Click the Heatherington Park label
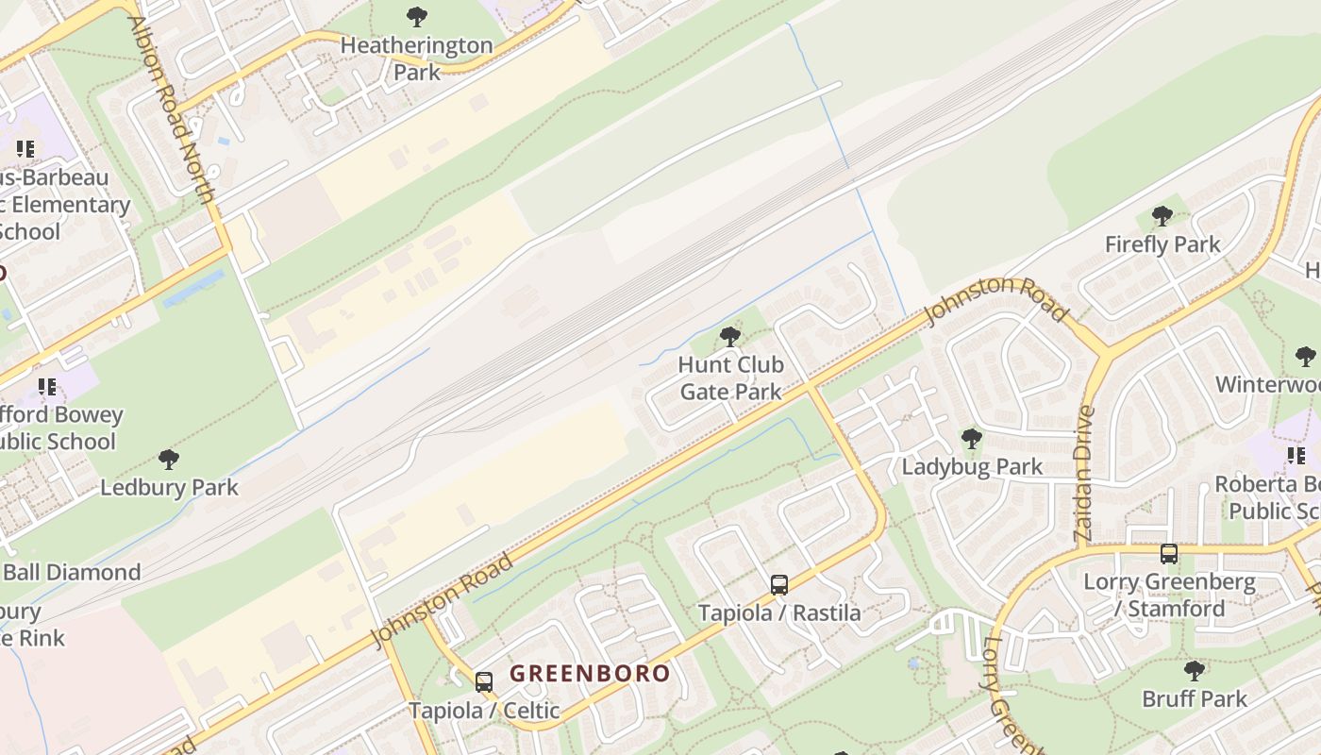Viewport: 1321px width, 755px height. coord(416,59)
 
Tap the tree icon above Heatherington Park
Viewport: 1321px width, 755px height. coord(416,16)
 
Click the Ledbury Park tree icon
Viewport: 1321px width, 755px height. coord(169,460)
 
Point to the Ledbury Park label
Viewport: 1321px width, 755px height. coord(170,488)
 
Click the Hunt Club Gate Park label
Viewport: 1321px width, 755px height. coord(730,377)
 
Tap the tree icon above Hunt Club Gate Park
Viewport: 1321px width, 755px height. coord(729,336)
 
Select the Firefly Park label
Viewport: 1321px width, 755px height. coord(1162,244)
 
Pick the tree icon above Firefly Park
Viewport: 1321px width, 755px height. coord(1162,216)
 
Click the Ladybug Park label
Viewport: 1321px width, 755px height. coord(972,466)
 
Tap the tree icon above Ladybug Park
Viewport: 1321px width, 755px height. coord(971,438)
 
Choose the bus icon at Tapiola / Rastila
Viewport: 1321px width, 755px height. coord(778,585)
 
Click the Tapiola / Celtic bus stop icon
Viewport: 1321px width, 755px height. coord(484,681)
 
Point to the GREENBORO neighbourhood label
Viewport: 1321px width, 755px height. coord(590,674)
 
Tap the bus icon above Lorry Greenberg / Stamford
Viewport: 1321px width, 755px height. coord(1169,554)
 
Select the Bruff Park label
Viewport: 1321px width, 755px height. coord(1195,699)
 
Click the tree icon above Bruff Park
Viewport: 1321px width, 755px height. coord(1195,671)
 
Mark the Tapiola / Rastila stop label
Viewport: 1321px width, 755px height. coord(779,613)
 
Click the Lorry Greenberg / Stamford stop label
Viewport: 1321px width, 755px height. coord(1169,595)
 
